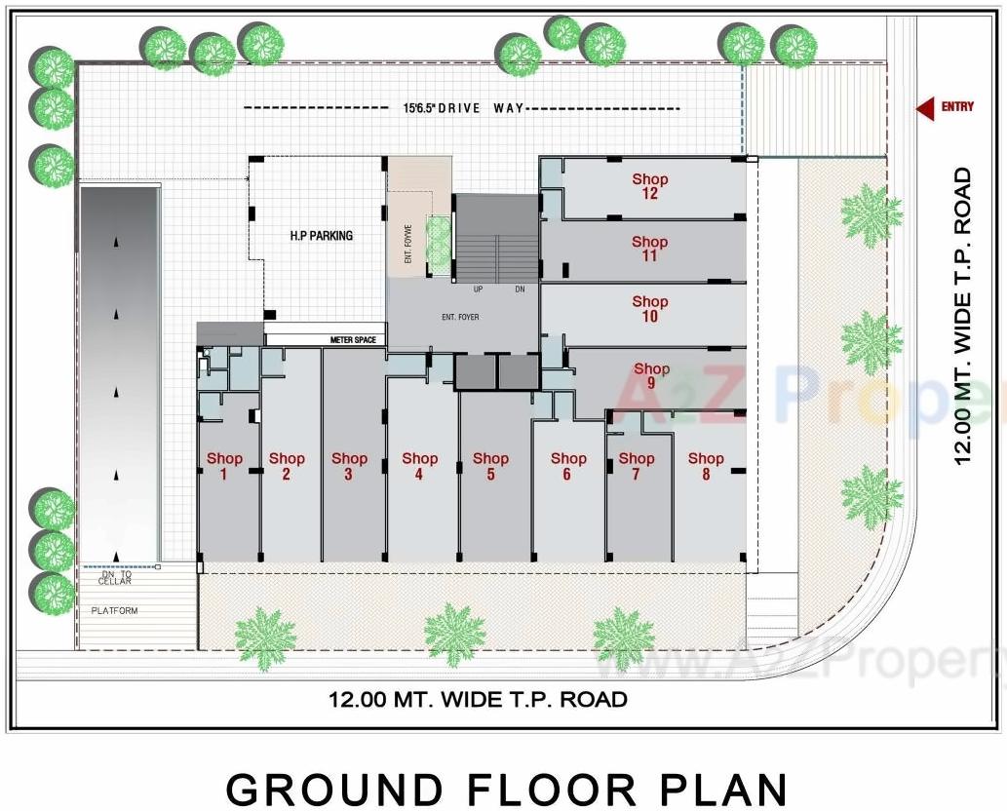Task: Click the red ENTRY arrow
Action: click(x=921, y=107)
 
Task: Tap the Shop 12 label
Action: click(x=650, y=186)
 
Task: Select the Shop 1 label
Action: click(x=223, y=466)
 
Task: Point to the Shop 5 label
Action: click(x=490, y=466)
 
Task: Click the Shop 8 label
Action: click(x=706, y=466)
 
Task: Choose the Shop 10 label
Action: click(x=650, y=309)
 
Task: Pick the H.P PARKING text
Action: click(x=321, y=236)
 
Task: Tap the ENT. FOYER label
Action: click(x=460, y=317)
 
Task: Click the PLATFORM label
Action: click(x=115, y=611)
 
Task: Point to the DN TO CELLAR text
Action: click(x=115, y=579)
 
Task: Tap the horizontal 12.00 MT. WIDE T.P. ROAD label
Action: click(x=478, y=699)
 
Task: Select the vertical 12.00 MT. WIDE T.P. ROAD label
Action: click(x=963, y=317)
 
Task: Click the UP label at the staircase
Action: click(x=478, y=290)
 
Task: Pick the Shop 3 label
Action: click(x=349, y=466)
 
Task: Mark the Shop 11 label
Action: click(x=650, y=249)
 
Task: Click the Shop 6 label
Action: click(x=568, y=466)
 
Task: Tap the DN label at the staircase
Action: click(x=520, y=290)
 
